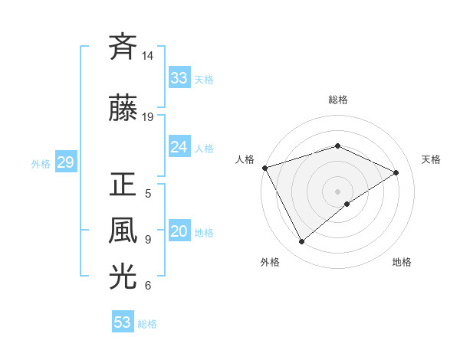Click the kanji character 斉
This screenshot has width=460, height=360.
pyautogui.click(x=123, y=47)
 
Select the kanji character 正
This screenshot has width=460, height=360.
pyautogui.click(x=123, y=185)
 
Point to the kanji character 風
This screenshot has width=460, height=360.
pyautogui.click(x=123, y=230)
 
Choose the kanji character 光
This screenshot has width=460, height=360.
pyautogui.click(x=123, y=277)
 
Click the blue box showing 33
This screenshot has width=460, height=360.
pyautogui.click(x=179, y=78)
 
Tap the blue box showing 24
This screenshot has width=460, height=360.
pyautogui.click(x=179, y=147)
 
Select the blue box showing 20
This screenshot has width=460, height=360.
pyautogui.click(x=179, y=232)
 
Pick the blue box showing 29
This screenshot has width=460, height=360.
pyautogui.click(x=65, y=163)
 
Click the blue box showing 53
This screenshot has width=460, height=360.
pyautogui.click(x=123, y=322)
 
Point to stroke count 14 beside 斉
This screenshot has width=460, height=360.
pyautogui.click(x=148, y=56)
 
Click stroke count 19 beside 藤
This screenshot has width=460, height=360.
pyautogui.click(x=148, y=117)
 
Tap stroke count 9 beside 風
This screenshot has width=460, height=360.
pyautogui.click(x=148, y=240)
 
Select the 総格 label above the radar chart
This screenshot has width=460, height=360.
pyautogui.click(x=337, y=100)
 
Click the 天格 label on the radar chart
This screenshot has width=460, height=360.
pyautogui.click(x=431, y=159)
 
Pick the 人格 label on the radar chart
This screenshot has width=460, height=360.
pyautogui.click(x=245, y=159)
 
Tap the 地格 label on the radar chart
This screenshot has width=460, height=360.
pyautogui.click(x=402, y=262)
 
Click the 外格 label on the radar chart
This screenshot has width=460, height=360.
pyautogui.click(x=270, y=262)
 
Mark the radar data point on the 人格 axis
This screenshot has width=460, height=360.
pyautogui.click(x=264, y=168)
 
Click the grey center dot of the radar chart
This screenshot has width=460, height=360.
pyautogui.click(x=337, y=191)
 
